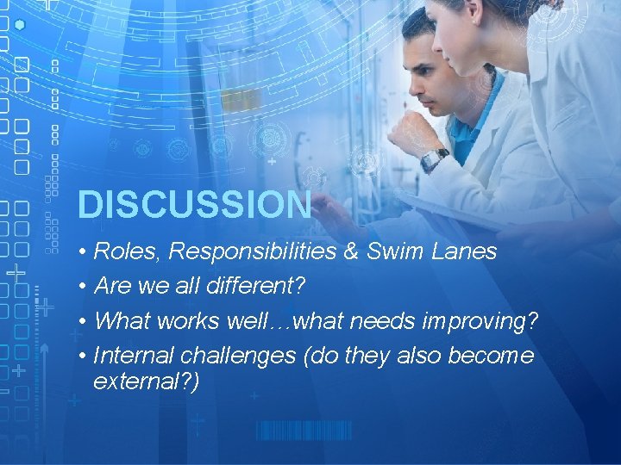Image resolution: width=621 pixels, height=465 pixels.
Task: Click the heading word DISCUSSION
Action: click(x=194, y=205)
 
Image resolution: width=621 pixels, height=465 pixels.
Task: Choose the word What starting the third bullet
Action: click(x=122, y=320)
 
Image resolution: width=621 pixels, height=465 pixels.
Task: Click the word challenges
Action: click(x=233, y=355)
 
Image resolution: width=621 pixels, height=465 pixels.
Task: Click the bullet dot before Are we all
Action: click(x=79, y=286)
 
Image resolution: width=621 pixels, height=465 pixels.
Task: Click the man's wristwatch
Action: click(x=434, y=159)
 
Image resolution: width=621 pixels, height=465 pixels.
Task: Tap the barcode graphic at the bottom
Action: click(x=304, y=431)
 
